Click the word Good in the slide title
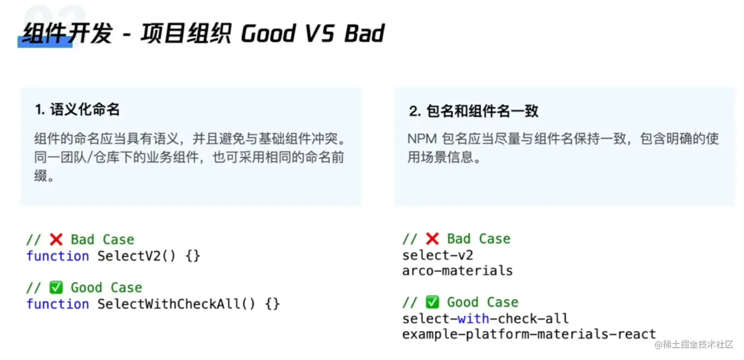click(268, 33)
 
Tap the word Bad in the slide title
click(364, 33)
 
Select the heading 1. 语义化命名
click(77, 109)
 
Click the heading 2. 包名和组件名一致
click(474, 111)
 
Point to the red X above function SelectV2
click(56, 239)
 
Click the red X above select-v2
click(432, 239)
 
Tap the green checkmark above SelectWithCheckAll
click(56, 287)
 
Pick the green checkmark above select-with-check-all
click(432, 302)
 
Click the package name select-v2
click(438, 255)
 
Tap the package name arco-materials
click(457, 270)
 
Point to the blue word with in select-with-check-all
click(473, 319)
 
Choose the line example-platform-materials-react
click(529, 334)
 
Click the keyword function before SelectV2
click(58, 256)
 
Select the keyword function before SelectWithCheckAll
click(58, 304)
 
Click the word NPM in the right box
click(422, 139)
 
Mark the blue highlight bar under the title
click(45, 42)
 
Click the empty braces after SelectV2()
click(193, 256)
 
